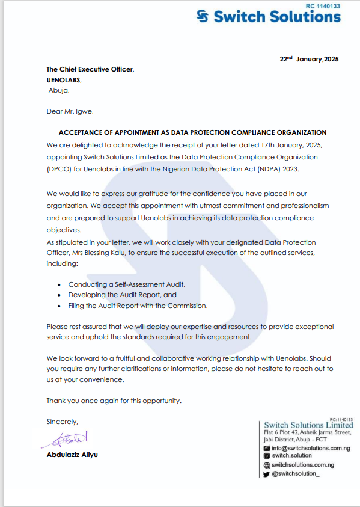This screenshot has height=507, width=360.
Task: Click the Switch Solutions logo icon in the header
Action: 204,17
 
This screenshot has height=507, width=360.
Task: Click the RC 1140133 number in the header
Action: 322,5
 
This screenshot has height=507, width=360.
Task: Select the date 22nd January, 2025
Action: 309,59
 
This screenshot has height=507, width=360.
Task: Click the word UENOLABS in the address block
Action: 63,80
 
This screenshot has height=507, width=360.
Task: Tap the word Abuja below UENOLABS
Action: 58,90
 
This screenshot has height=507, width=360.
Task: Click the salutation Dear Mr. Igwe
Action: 70,111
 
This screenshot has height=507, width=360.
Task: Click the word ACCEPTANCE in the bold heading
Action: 81,132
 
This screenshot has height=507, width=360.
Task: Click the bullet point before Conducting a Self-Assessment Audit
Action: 58,284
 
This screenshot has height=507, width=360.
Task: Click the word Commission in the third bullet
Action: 187,306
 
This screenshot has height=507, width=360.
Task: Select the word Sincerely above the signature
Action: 62,422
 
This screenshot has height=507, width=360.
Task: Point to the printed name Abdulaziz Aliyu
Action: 72,455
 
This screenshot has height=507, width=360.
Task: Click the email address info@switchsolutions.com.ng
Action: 311,448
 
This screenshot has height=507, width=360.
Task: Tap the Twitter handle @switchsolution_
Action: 296,474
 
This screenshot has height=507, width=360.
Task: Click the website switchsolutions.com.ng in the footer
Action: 302,465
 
